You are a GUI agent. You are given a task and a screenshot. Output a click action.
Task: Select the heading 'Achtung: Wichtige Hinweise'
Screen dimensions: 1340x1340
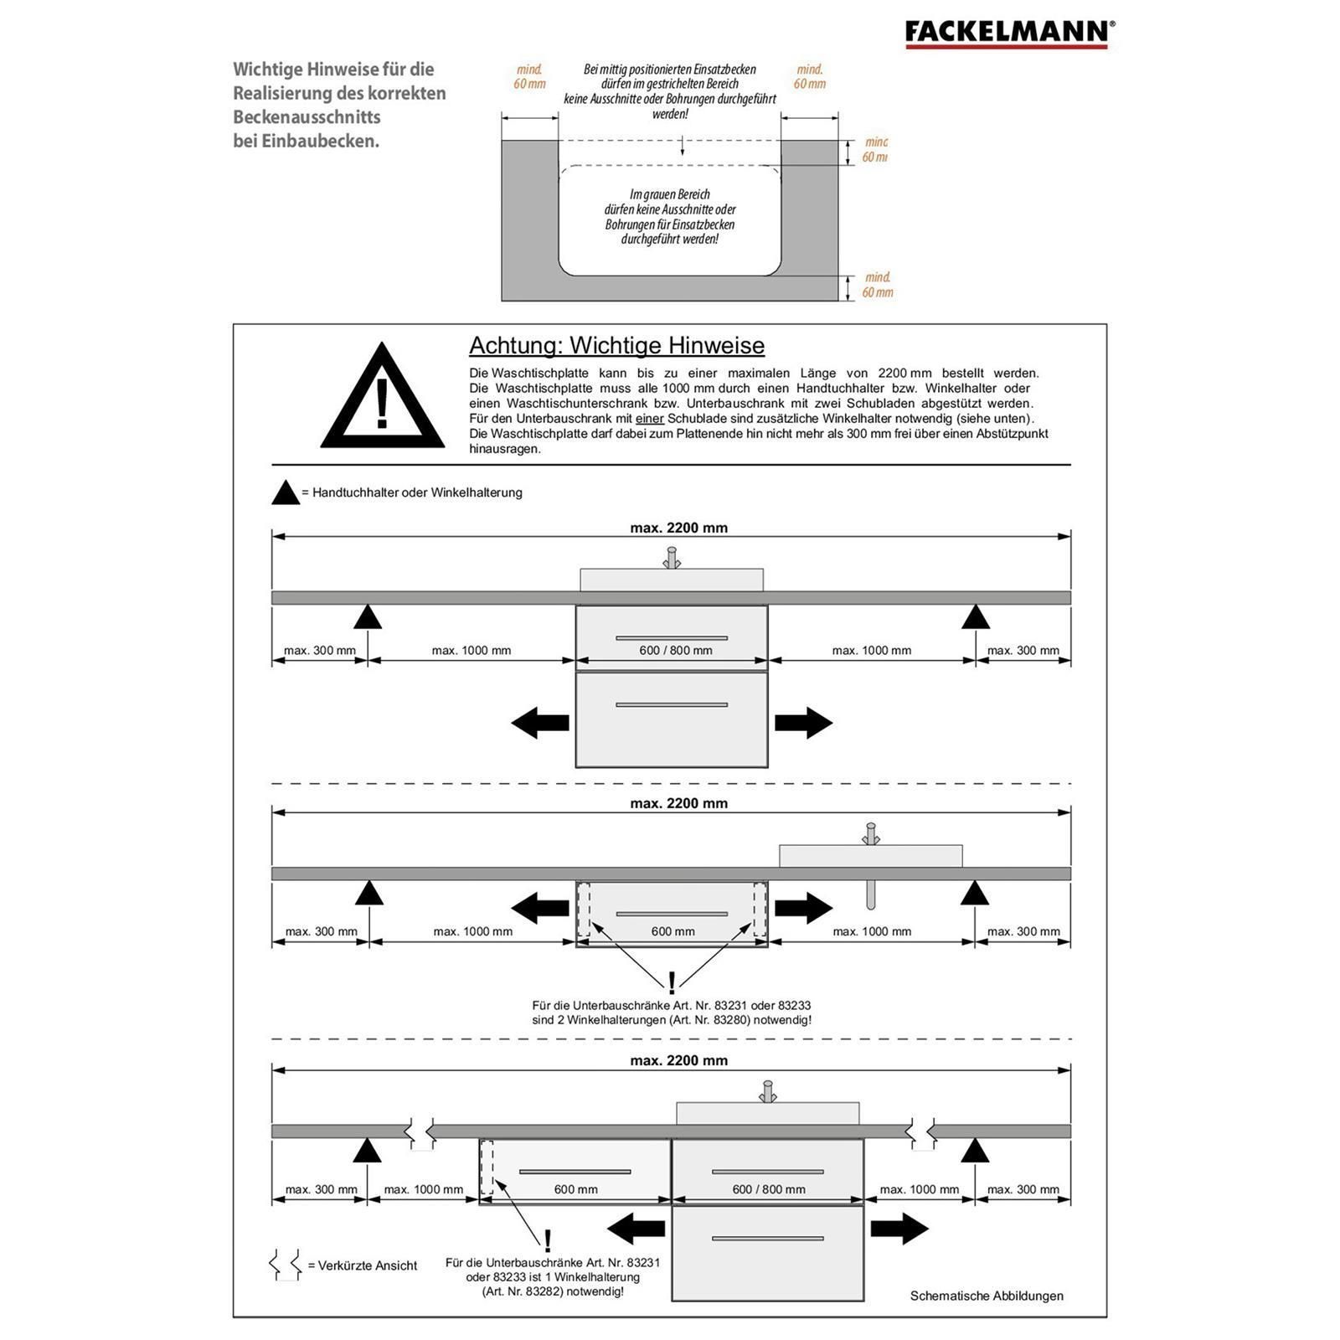(x=616, y=346)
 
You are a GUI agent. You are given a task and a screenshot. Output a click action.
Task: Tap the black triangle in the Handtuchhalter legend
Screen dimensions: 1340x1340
(x=286, y=493)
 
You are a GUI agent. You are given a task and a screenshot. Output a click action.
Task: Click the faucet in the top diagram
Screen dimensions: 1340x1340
(x=671, y=558)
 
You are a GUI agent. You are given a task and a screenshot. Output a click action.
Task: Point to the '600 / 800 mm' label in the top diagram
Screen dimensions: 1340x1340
(x=675, y=651)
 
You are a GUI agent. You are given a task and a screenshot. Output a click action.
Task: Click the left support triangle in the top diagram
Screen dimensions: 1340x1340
(x=368, y=618)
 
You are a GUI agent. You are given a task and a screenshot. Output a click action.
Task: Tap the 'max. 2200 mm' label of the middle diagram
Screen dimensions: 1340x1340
(x=678, y=804)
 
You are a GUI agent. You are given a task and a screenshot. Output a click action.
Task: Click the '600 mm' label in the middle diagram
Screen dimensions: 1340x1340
(x=673, y=931)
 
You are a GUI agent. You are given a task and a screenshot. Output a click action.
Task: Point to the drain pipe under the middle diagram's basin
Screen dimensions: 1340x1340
(x=871, y=894)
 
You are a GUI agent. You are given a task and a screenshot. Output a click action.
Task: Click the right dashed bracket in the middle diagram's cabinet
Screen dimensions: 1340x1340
(x=760, y=909)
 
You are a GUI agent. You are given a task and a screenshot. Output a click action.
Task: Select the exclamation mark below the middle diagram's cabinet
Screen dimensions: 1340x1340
(x=672, y=983)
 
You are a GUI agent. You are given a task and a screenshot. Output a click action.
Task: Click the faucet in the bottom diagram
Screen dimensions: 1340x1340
(x=767, y=1092)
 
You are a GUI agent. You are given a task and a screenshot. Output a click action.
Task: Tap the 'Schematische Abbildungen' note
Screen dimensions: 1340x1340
(x=987, y=1296)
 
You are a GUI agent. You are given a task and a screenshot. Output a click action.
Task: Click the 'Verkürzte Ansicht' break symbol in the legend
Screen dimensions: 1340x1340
(x=285, y=1265)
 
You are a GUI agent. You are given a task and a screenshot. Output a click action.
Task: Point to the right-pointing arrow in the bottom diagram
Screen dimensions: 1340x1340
(x=899, y=1229)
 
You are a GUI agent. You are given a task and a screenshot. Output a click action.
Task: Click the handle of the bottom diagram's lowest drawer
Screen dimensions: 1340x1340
(x=767, y=1239)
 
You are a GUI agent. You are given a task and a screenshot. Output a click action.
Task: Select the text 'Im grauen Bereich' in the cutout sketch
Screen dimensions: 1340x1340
(x=670, y=195)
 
